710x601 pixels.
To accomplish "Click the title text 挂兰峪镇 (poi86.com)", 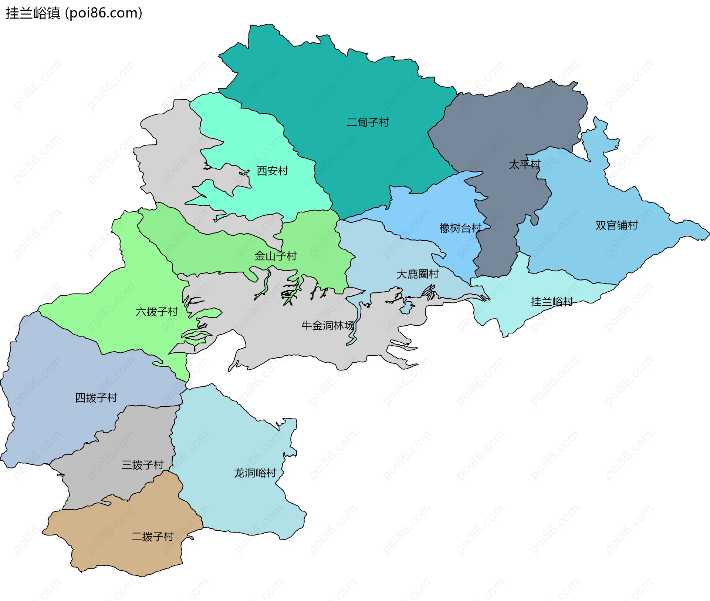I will tap(74, 13).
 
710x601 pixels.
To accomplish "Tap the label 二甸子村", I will tap(368, 122).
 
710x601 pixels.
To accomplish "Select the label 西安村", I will tap(272, 171).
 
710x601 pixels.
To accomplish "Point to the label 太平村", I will tap(524, 164).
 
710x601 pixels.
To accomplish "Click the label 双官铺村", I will tap(616, 225).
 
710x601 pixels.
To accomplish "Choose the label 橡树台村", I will tap(460, 228).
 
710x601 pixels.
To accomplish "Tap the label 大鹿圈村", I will tap(417, 274).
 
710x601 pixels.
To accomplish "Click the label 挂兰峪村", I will tap(552, 302).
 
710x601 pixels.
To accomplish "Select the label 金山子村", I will tap(275, 256).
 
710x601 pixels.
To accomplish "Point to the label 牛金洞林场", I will tap(328, 326).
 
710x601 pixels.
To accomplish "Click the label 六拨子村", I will tap(157, 312).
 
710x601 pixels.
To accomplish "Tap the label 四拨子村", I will tap(96, 398).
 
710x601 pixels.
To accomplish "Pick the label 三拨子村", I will tap(142, 465).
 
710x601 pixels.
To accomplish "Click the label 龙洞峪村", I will tap(255, 473).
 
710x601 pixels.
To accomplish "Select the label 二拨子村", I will tap(152, 537).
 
